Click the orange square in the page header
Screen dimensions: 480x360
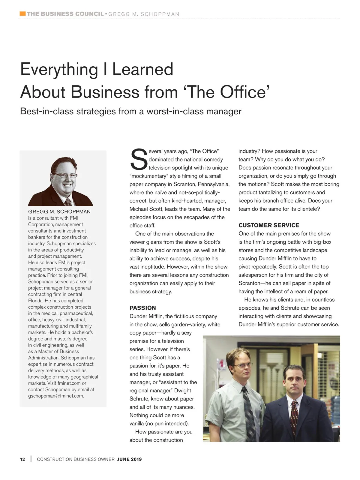click(22, 13)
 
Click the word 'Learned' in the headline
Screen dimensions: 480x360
click(143, 69)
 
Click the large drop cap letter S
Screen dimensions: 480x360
click(139, 159)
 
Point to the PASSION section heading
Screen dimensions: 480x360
click(142, 308)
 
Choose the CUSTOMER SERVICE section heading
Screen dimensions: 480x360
click(269, 225)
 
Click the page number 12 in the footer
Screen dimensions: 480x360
click(22, 459)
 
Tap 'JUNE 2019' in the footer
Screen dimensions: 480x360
click(129, 459)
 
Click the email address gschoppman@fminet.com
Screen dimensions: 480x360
click(56, 396)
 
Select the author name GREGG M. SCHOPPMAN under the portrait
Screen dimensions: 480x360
click(59, 211)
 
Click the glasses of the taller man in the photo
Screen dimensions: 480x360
click(244, 366)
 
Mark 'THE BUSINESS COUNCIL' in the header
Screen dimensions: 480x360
click(65, 14)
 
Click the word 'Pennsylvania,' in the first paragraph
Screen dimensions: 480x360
click(214, 184)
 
